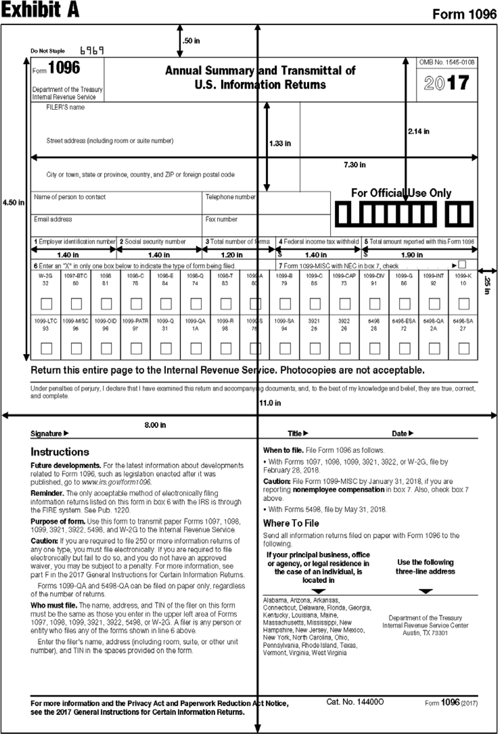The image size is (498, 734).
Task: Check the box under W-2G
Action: click(x=46, y=304)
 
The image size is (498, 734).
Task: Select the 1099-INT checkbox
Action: click(x=434, y=304)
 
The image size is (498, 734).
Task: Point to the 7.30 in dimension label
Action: click(x=355, y=165)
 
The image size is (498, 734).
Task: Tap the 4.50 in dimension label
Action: click(x=13, y=202)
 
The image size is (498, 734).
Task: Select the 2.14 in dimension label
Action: click(x=418, y=131)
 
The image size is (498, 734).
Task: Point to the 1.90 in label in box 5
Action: click(x=412, y=255)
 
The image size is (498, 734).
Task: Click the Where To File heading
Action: click(x=291, y=523)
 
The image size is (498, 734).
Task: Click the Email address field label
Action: click(x=53, y=219)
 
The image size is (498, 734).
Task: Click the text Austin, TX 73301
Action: click(x=425, y=633)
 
